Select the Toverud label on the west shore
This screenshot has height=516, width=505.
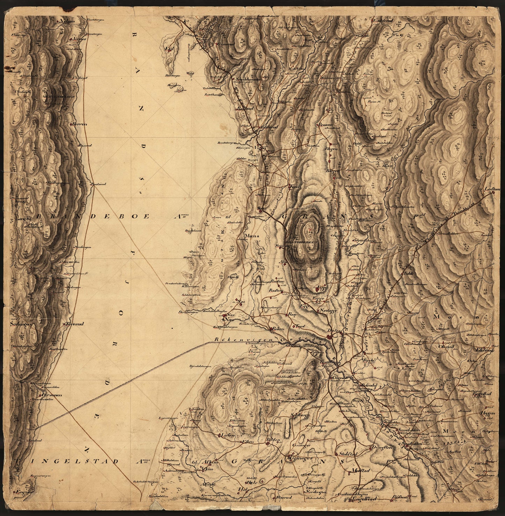(73, 324)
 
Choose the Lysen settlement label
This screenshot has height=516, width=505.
(227, 435)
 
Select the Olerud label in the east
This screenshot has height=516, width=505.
(446, 347)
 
